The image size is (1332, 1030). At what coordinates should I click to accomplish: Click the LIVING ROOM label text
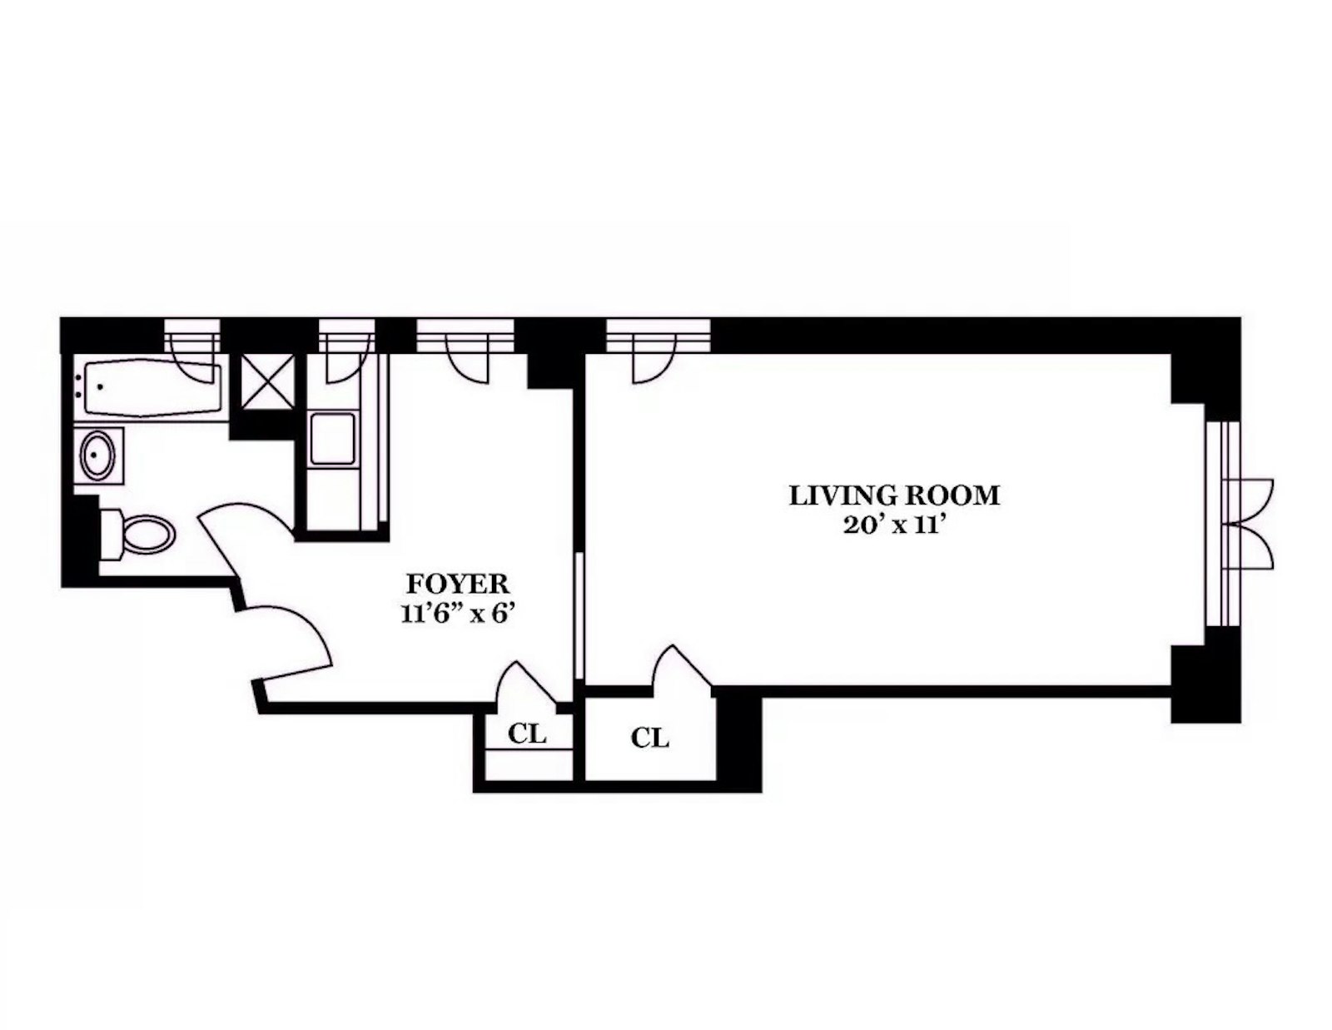pos(894,496)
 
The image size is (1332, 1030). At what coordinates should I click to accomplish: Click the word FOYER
pos(457,583)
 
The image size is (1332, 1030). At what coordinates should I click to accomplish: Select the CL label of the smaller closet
pos(528,734)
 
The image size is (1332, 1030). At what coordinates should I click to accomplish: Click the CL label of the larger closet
pos(649,738)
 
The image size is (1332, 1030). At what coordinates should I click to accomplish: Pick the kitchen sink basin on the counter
pos(332,439)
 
